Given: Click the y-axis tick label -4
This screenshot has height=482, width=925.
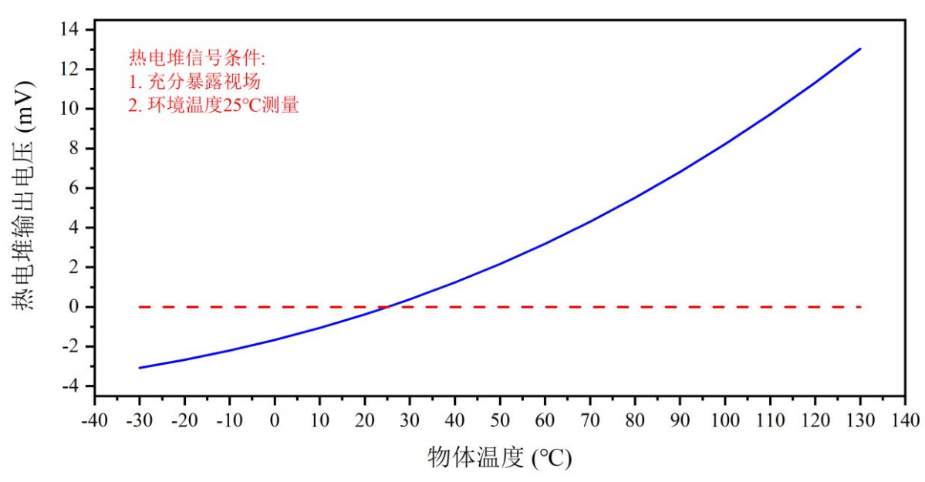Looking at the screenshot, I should coord(74,386).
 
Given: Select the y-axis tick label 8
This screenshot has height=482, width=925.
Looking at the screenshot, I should coord(79,148).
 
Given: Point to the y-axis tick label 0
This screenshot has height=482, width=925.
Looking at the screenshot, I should coord(79,307).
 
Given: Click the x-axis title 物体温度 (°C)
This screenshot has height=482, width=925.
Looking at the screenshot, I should coord(499,458).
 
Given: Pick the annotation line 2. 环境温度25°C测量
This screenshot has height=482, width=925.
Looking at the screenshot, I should coord(213,106).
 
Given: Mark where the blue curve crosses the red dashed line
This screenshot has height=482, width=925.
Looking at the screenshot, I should coord(387,307).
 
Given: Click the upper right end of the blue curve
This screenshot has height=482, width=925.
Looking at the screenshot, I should coord(860,49).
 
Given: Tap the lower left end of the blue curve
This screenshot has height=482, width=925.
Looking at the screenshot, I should coord(140,368).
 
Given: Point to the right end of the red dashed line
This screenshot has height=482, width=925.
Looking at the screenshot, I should coord(860,307).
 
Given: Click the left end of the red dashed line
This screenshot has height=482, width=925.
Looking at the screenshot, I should coord(140,307).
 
